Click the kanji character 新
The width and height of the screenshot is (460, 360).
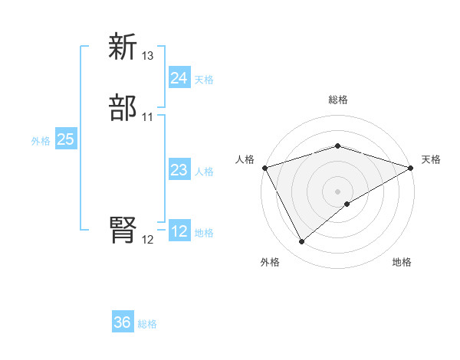click(x=123, y=47)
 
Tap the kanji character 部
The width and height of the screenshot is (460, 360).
click(x=123, y=109)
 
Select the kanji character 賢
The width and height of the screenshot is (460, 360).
click(x=123, y=231)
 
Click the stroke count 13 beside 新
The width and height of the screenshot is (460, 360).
click(x=148, y=56)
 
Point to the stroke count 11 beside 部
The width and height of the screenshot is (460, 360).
click(x=148, y=117)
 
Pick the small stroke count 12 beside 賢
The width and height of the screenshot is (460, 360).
click(x=148, y=240)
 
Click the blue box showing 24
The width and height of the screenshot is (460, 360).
click(x=179, y=78)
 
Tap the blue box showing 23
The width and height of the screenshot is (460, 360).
click(x=179, y=170)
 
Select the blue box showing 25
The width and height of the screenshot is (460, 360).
click(x=66, y=139)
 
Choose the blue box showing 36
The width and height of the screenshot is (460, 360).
click(x=123, y=322)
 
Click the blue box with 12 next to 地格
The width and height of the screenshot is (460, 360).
click(x=179, y=231)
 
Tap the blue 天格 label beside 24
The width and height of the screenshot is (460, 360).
click(x=204, y=80)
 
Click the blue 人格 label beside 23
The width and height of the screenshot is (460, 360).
click(x=204, y=172)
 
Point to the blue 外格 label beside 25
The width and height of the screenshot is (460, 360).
click(x=41, y=141)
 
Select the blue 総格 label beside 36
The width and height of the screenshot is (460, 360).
click(x=147, y=324)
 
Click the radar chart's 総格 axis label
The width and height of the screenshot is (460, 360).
click(x=338, y=100)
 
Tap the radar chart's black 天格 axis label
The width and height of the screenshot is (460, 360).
click(x=431, y=159)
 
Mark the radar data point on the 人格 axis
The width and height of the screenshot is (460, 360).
click(x=264, y=167)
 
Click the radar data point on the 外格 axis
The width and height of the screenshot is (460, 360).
click(x=301, y=242)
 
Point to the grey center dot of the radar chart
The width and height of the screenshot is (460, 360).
click(x=338, y=191)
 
